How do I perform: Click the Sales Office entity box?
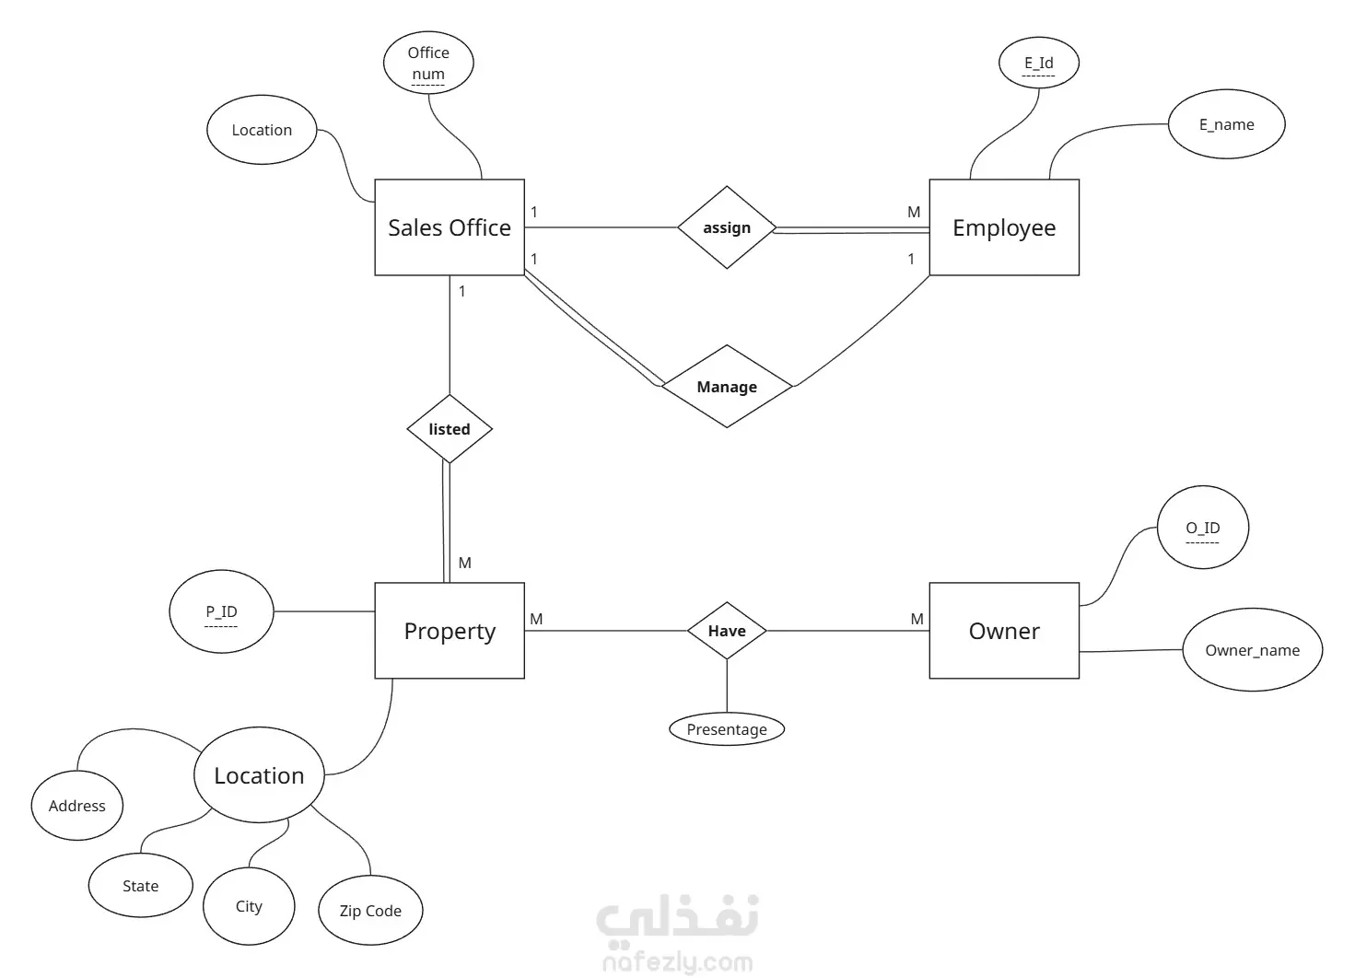450,227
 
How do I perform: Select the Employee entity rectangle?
1004,227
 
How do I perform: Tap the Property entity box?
450,631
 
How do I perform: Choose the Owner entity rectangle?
1004,631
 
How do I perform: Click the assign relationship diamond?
727,227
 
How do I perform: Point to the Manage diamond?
727,387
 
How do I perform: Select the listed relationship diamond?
450,429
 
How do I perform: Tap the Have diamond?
727,631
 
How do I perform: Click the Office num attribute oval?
428,63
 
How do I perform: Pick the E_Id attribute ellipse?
1039,63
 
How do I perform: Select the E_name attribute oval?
1227,124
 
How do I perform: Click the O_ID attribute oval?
1203,528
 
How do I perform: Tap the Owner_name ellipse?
1252,650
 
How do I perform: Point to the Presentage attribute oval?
727,729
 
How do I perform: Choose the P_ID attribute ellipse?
221,611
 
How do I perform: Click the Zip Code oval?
370,910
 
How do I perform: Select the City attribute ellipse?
249,906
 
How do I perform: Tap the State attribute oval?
140,885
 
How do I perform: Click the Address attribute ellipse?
76,806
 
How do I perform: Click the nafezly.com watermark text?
678,962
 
